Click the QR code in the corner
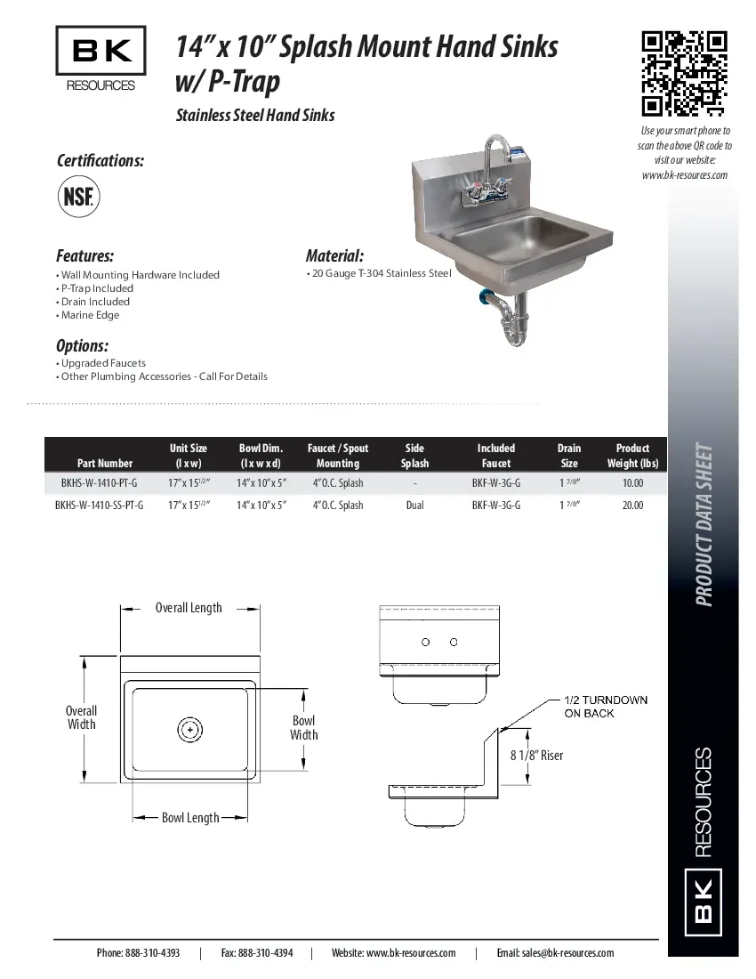[x=684, y=74]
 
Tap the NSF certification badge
[x=78, y=197]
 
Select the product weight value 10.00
[x=632, y=483]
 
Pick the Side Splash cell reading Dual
[x=414, y=505]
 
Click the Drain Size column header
[x=569, y=456]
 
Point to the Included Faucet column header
[x=495, y=456]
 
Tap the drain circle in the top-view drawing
[x=189, y=730]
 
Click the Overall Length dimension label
[x=189, y=608]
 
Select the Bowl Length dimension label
[x=189, y=818]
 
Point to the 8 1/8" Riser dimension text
[x=536, y=756]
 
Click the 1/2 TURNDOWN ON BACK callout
[x=605, y=706]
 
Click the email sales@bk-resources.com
[x=555, y=952]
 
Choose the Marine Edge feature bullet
[x=90, y=315]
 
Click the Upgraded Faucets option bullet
[x=103, y=363]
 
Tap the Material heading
[x=334, y=255]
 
